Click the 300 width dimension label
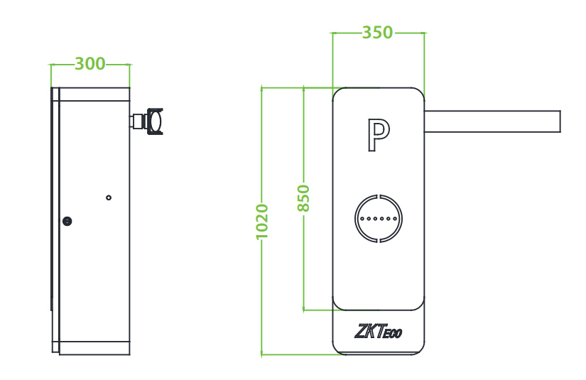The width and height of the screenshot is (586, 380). tap(90, 64)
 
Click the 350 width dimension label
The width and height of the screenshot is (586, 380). tap(377, 33)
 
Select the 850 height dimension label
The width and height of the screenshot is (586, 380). tap(303, 198)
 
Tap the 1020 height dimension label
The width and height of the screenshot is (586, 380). tap(262, 221)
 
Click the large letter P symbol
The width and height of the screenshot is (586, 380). tap(378, 136)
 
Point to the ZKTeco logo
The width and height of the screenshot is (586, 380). tap(378, 331)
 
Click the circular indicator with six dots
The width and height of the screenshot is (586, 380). tap(379, 219)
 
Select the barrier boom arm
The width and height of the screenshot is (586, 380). tap(492, 121)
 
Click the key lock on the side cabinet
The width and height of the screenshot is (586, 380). tap(67, 221)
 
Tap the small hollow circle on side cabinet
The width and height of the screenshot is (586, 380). tap(109, 197)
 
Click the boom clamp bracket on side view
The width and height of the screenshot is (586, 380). tap(151, 121)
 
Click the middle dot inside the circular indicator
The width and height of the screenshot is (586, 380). tap(379, 219)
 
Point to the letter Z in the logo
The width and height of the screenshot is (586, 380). tap(361, 331)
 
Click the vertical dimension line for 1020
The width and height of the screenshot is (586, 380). tap(262, 298)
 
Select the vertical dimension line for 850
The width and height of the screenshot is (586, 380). tap(303, 270)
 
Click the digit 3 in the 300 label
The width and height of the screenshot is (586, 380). tap(80, 64)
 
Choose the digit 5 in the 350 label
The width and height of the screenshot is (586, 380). tap(377, 33)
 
